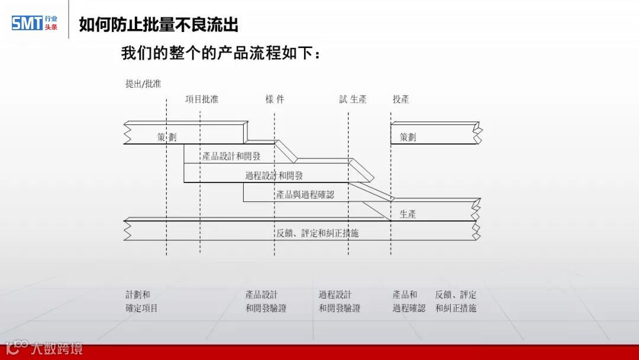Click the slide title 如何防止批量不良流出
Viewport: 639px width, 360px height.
click(x=159, y=25)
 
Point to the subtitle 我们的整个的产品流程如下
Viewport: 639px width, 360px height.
click(x=221, y=54)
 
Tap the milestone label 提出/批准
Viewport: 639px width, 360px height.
click(x=143, y=84)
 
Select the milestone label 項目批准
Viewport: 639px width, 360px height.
click(x=202, y=99)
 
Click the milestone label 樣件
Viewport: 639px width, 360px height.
click(x=275, y=99)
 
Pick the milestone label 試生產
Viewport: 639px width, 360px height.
click(x=353, y=99)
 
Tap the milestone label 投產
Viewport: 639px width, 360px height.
click(x=401, y=99)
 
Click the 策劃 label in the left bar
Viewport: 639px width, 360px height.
click(x=167, y=137)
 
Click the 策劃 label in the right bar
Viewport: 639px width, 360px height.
click(x=408, y=137)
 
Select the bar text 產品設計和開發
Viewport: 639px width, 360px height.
click(x=231, y=156)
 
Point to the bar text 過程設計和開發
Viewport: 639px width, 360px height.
click(x=274, y=175)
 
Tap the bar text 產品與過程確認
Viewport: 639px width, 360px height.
click(x=305, y=194)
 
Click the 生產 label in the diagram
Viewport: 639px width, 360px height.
click(x=408, y=214)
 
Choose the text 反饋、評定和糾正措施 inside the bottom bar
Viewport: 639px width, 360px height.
click(x=317, y=233)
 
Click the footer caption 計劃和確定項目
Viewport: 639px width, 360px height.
click(x=141, y=301)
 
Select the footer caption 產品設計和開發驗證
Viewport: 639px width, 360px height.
click(x=266, y=301)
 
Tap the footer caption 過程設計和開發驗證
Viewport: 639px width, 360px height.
click(x=339, y=301)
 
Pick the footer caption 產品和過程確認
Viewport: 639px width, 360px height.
click(x=408, y=301)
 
